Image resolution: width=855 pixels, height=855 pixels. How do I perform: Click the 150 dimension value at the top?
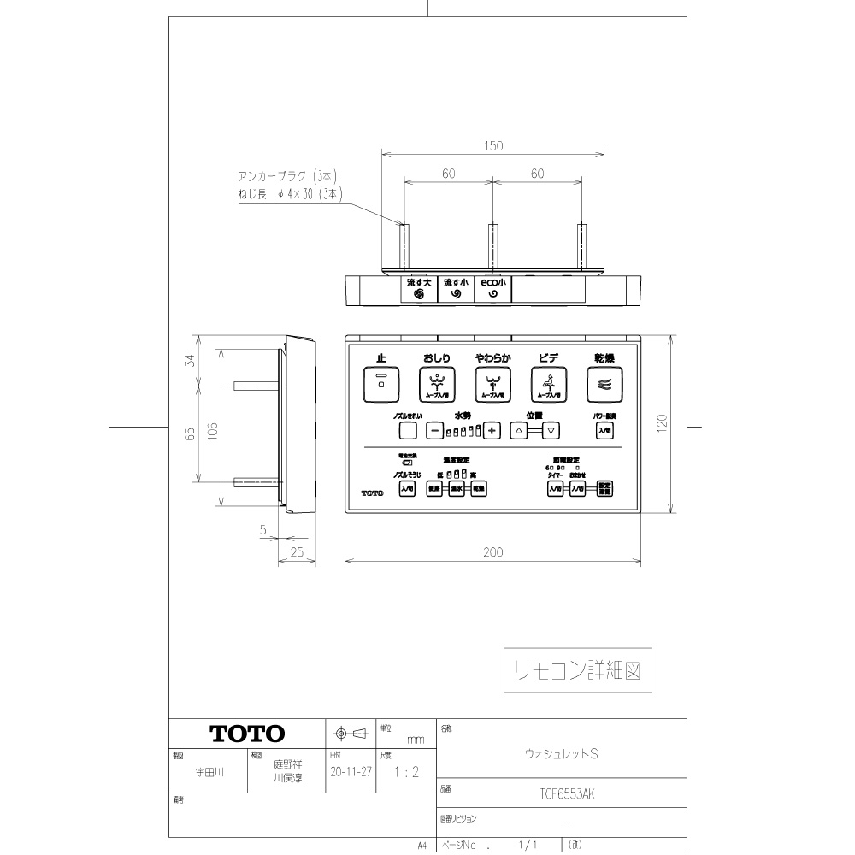pyautogui.click(x=493, y=146)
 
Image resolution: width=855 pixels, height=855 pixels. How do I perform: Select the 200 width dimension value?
pyautogui.click(x=493, y=553)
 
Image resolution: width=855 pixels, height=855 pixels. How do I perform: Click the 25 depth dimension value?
pyautogui.click(x=298, y=553)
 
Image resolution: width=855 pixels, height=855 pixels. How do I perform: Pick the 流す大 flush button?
pyautogui.click(x=419, y=288)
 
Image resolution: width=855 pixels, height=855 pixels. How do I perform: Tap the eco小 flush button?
pyautogui.click(x=492, y=288)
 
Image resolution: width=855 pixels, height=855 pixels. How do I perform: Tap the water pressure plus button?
pyautogui.click(x=492, y=431)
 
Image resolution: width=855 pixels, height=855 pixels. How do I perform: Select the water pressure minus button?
pyautogui.click(x=434, y=431)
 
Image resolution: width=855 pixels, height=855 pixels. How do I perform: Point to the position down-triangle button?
pyautogui.click(x=551, y=431)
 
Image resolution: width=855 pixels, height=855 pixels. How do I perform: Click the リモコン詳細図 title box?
pyautogui.click(x=577, y=670)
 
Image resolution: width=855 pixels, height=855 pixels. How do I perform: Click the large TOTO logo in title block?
pyautogui.click(x=247, y=734)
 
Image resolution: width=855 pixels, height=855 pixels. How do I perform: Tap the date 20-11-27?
pyautogui.click(x=349, y=771)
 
